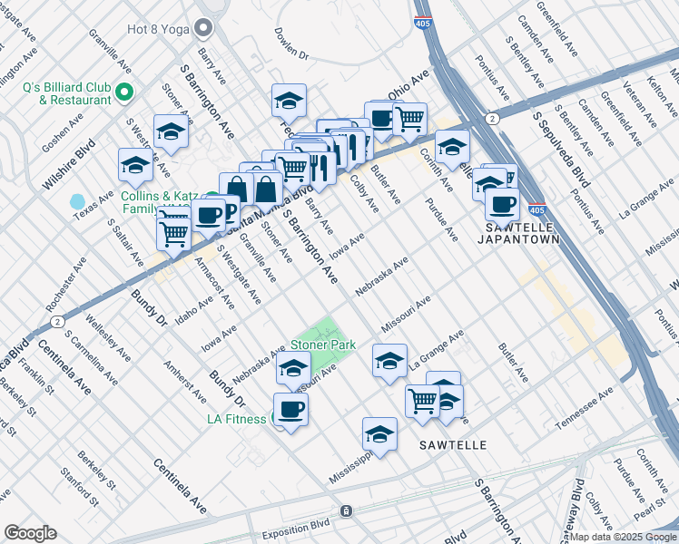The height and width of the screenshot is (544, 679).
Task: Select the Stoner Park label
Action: pyautogui.click(x=323, y=345)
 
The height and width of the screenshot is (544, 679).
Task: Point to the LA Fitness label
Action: pyautogui.click(x=236, y=419)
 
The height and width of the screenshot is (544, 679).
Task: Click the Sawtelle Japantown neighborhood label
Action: pyautogui.click(x=517, y=233)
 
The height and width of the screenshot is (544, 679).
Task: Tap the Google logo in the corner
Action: pyautogui.click(x=31, y=532)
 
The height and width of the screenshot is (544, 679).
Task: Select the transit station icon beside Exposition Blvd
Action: pyautogui.click(x=346, y=511)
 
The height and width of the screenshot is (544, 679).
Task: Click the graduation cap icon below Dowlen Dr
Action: pyautogui.click(x=289, y=100)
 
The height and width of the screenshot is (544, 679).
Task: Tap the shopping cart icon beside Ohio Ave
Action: pyautogui.click(x=410, y=118)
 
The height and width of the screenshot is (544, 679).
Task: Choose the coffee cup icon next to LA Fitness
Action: pyautogui.click(x=290, y=409)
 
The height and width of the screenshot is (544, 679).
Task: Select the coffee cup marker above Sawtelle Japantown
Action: pyautogui.click(x=501, y=205)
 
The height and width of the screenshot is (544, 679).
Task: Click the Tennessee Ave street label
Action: pyautogui.click(x=585, y=408)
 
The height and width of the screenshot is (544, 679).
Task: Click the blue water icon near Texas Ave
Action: pyautogui.click(x=77, y=200)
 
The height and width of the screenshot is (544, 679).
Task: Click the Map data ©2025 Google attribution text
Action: pyautogui.click(x=623, y=537)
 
